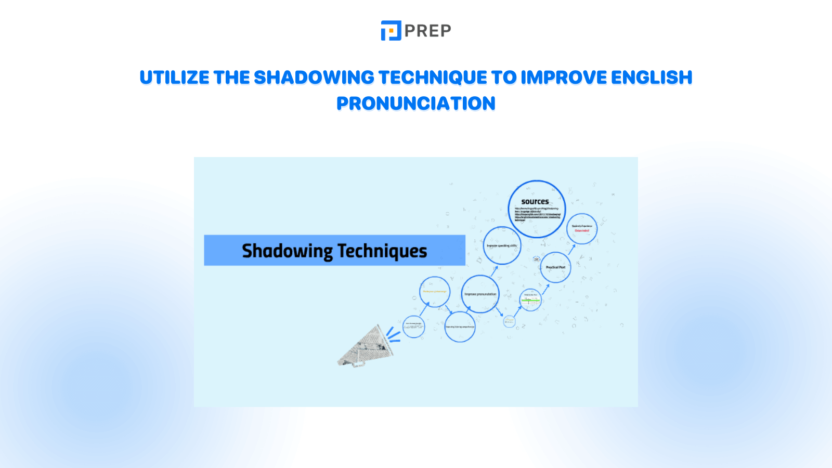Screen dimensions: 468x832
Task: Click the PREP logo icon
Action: [x=391, y=31]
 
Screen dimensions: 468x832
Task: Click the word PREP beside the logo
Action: [x=427, y=31]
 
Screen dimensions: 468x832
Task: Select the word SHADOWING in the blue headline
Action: [x=314, y=77]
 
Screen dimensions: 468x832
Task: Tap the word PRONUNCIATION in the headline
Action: [x=415, y=103]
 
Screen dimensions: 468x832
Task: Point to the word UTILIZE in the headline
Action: [x=174, y=77]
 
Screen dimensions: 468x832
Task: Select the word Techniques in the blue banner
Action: [x=383, y=251]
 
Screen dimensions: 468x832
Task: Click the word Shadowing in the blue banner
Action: [x=287, y=251]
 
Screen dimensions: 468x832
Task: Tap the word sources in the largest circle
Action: [x=535, y=202]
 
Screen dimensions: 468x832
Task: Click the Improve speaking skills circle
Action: [x=501, y=245]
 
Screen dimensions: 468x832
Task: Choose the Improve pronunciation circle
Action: [x=480, y=294]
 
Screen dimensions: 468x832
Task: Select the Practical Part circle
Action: [x=555, y=267]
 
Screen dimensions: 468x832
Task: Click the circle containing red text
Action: [x=581, y=229]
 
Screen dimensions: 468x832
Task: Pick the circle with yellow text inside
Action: [x=434, y=292]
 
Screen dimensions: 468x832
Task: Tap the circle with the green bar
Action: [x=530, y=300]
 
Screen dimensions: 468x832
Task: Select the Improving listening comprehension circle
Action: [x=460, y=327]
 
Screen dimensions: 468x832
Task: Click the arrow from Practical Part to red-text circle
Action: [x=571, y=249]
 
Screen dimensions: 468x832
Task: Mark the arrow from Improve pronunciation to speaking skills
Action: [x=494, y=270]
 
